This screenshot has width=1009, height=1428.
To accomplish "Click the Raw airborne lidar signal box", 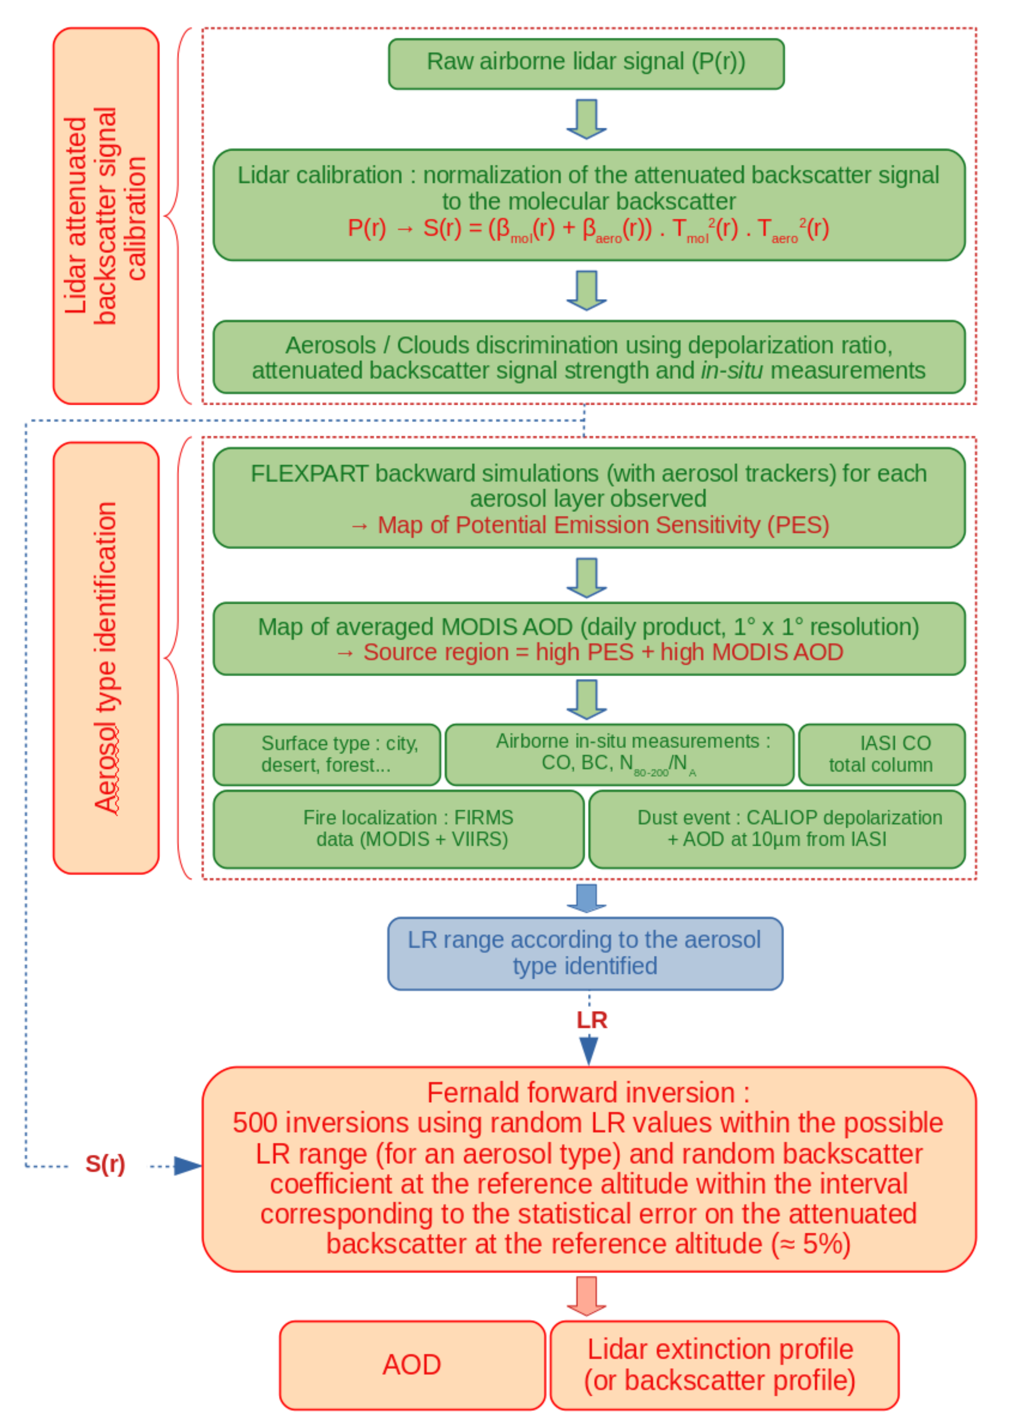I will (x=586, y=63).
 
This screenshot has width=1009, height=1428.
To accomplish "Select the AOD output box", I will (x=412, y=1365).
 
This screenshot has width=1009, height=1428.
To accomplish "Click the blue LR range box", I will (x=584, y=953).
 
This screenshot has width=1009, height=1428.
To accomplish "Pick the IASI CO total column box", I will (x=881, y=754).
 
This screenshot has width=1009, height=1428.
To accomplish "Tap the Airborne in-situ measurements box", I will (x=619, y=754).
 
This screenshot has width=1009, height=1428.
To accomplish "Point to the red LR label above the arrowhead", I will (x=591, y=1020).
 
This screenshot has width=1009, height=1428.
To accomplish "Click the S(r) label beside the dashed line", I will (x=105, y=1164).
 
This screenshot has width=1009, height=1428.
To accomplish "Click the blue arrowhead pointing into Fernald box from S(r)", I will (x=187, y=1165).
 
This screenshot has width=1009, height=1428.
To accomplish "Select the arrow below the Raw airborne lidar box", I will (x=586, y=118).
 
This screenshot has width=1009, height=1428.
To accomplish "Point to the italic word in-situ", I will (x=732, y=371).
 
